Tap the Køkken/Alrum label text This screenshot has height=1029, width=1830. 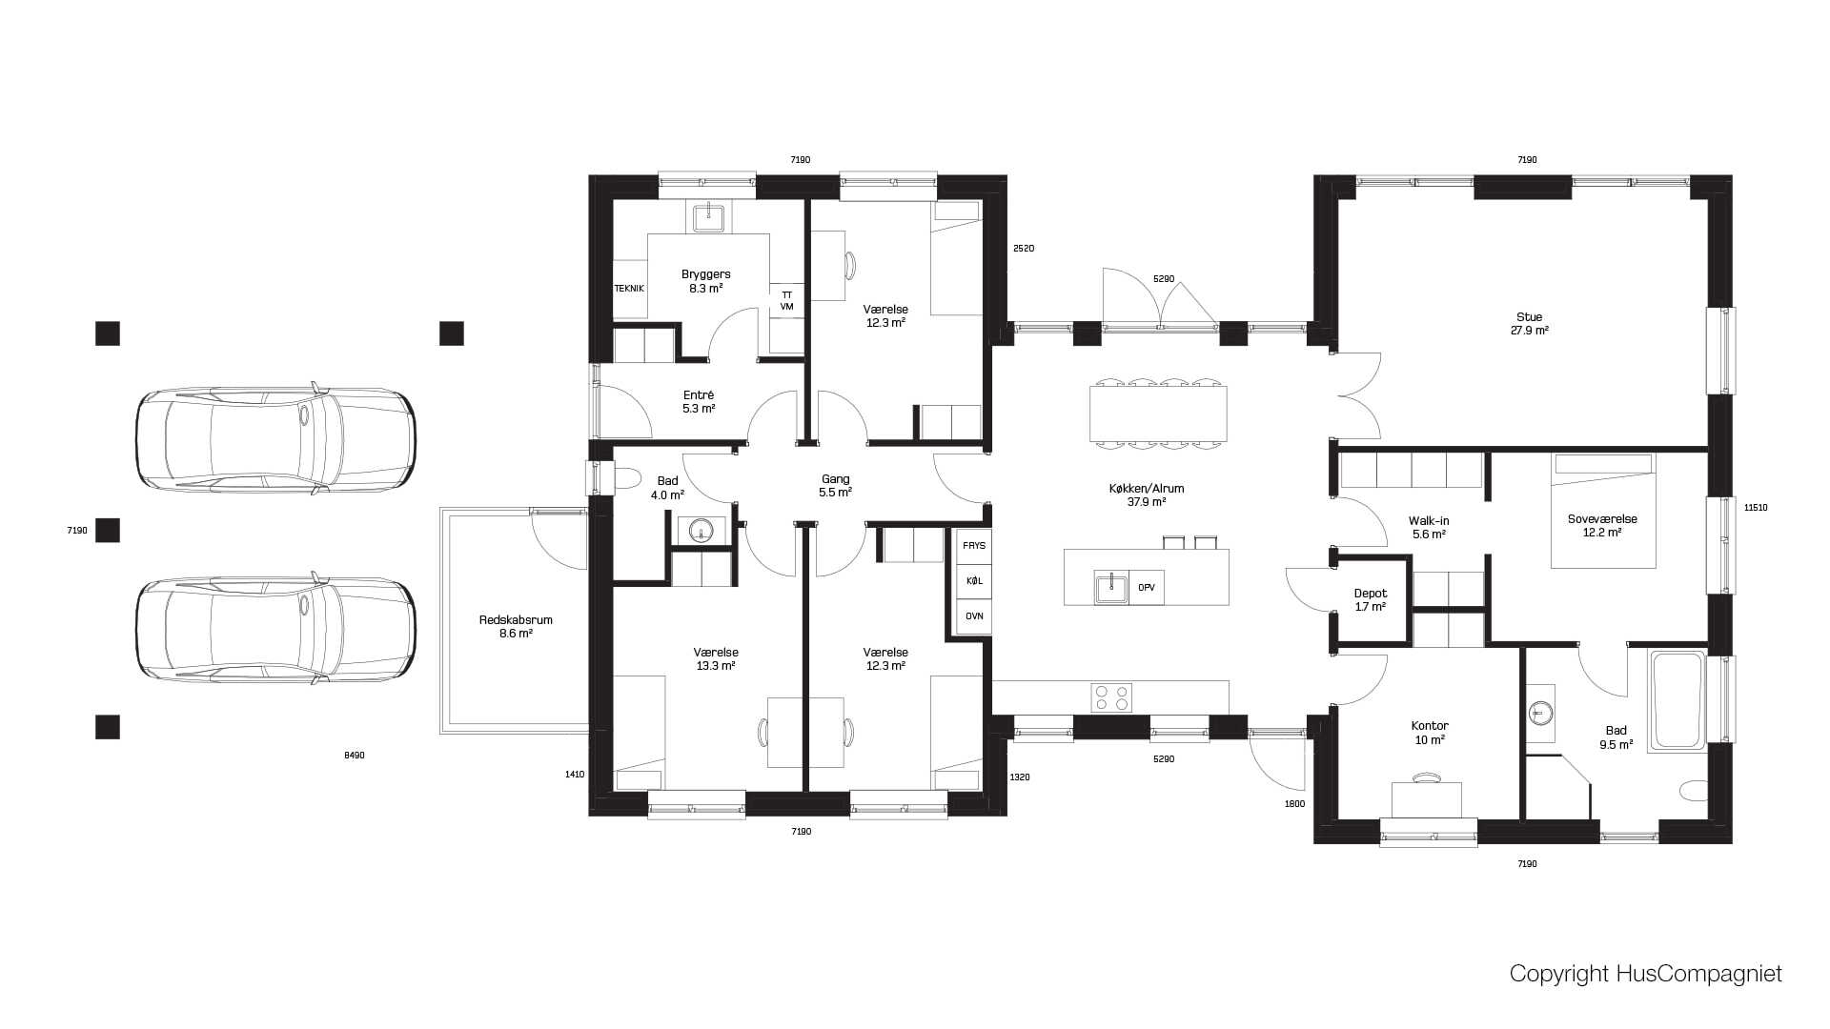[1147, 489]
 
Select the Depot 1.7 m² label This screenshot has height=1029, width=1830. [1371, 600]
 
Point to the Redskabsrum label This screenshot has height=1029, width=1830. [516, 620]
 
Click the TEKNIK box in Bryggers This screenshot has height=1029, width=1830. [629, 289]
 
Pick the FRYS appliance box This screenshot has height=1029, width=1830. [974, 546]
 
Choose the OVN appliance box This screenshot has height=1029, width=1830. [974, 616]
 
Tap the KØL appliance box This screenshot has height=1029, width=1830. [974, 581]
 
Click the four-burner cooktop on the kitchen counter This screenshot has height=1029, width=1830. [1111, 697]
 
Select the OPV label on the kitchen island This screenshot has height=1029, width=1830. [1147, 588]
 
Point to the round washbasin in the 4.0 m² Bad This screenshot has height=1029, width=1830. [701, 531]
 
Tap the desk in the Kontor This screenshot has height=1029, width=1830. [1427, 799]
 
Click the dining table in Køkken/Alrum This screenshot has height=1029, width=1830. [1158, 413]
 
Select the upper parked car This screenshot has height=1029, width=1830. [275, 438]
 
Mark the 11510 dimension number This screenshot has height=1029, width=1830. [1756, 508]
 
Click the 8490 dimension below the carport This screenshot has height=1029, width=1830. [354, 756]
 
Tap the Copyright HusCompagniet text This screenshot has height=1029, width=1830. [1645, 974]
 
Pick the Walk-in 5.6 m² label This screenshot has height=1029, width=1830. [1429, 528]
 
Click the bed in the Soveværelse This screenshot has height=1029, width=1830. [1603, 511]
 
